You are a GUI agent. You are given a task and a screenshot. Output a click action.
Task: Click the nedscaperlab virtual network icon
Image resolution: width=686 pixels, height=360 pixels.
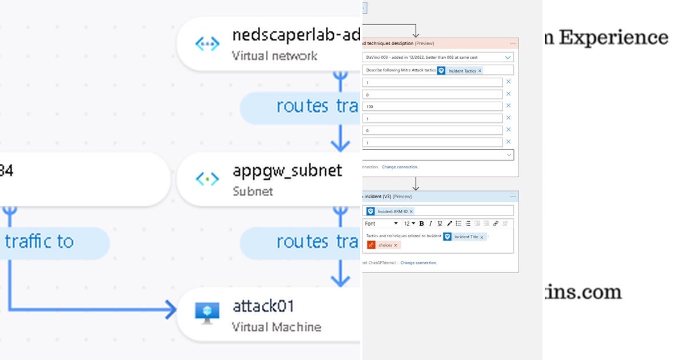[x=207, y=44]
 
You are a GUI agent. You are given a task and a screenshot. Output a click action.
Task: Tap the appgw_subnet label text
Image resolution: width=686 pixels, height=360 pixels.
[x=287, y=170]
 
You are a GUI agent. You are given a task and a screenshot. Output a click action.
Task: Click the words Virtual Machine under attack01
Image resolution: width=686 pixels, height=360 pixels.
[x=276, y=327]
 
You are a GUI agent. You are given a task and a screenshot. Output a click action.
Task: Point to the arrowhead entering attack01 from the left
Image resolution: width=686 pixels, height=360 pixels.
[x=170, y=310]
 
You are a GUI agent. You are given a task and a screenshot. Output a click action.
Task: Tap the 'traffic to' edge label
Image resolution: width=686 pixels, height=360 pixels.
[x=40, y=242]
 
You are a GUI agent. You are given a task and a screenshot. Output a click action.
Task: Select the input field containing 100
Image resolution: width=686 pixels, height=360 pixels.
[x=432, y=106]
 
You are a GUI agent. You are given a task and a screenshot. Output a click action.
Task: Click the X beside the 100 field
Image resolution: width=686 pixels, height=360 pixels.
[x=508, y=106]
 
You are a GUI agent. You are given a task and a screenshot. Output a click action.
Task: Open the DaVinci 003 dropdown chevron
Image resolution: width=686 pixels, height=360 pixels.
[x=508, y=57]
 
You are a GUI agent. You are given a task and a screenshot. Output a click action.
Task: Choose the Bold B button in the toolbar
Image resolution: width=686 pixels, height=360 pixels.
[x=422, y=223]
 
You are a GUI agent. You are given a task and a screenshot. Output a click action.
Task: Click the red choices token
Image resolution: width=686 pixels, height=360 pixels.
[x=384, y=245]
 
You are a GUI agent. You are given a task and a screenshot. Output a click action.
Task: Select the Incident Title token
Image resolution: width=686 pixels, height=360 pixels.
[x=468, y=237]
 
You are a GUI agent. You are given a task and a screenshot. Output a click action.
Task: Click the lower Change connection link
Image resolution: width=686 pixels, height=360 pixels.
[x=418, y=263]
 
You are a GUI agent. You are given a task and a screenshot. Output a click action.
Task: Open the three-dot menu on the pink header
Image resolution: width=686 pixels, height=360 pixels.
[x=513, y=43]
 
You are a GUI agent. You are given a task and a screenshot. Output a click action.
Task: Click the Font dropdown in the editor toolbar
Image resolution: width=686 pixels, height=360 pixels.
[x=381, y=223]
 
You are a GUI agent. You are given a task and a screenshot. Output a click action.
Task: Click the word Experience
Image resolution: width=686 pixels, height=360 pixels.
[x=613, y=37]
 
